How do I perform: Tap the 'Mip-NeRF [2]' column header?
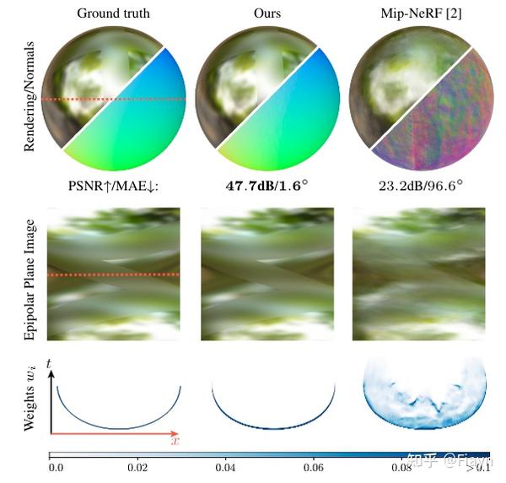pos(418,14)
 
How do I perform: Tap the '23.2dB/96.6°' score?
pos(418,185)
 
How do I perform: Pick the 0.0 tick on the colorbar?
pos(56,465)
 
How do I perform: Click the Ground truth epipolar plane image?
pos(113,274)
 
